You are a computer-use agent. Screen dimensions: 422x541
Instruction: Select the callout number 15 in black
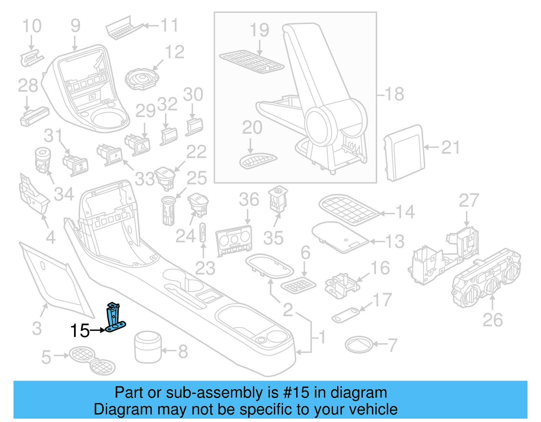80,331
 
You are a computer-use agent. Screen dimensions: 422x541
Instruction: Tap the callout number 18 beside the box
394,94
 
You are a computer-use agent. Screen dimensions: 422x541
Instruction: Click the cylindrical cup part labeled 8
148,347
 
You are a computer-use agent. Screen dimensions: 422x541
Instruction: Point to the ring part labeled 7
359,345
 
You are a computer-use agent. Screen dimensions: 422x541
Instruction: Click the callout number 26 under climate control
492,320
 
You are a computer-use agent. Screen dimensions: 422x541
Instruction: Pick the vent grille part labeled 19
252,61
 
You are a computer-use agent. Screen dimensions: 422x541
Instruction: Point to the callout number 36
249,199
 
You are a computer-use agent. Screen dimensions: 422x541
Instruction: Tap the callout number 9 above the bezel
75,26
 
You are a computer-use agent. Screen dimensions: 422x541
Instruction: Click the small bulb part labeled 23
203,232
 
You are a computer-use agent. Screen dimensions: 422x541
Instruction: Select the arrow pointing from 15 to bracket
98,330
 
